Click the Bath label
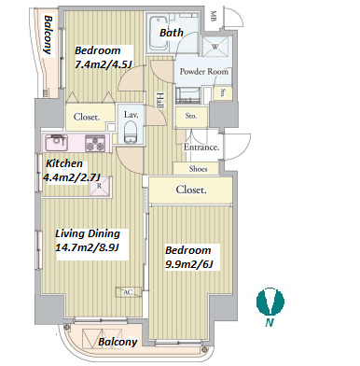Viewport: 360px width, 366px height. coord(172,33)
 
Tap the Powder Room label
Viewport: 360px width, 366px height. coord(203,72)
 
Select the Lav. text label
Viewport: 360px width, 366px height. coord(131,114)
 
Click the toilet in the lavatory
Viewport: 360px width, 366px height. coord(131,133)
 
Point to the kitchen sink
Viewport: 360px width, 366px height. coord(56,143)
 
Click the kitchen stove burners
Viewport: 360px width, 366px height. coord(95,143)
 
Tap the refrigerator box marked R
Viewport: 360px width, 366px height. coord(100,187)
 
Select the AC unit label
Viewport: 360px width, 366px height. coord(128,292)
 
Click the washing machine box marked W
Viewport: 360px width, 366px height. coord(215,47)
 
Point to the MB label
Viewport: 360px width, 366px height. coord(214,16)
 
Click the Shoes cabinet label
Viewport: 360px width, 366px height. coord(198,169)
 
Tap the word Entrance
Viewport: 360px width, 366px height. coord(201,147)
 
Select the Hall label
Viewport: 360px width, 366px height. coord(159,100)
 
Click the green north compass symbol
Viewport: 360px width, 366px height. coord(270,302)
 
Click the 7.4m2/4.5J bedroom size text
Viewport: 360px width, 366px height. coord(104,64)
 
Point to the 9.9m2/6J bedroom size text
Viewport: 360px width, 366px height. coord(189,264)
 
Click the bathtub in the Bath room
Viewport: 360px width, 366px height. coord(159,33)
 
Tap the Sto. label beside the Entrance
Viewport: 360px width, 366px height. coord(191,116)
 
